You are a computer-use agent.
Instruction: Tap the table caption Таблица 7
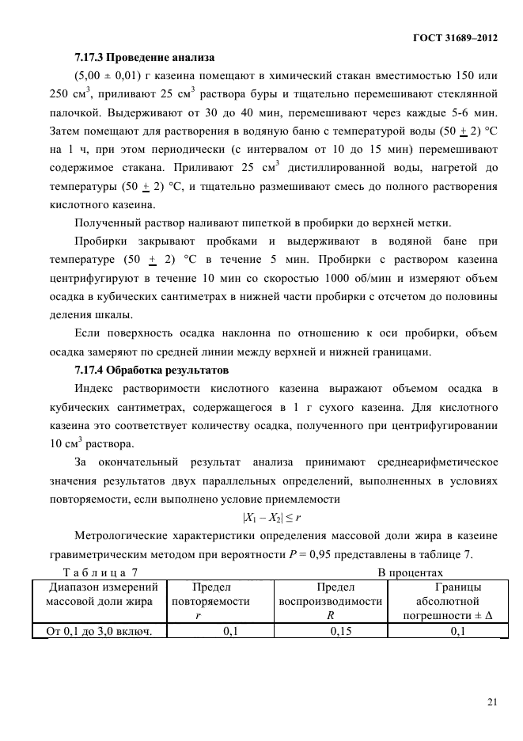[100, 572]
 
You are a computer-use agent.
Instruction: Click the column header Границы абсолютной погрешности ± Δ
[449, 601]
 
